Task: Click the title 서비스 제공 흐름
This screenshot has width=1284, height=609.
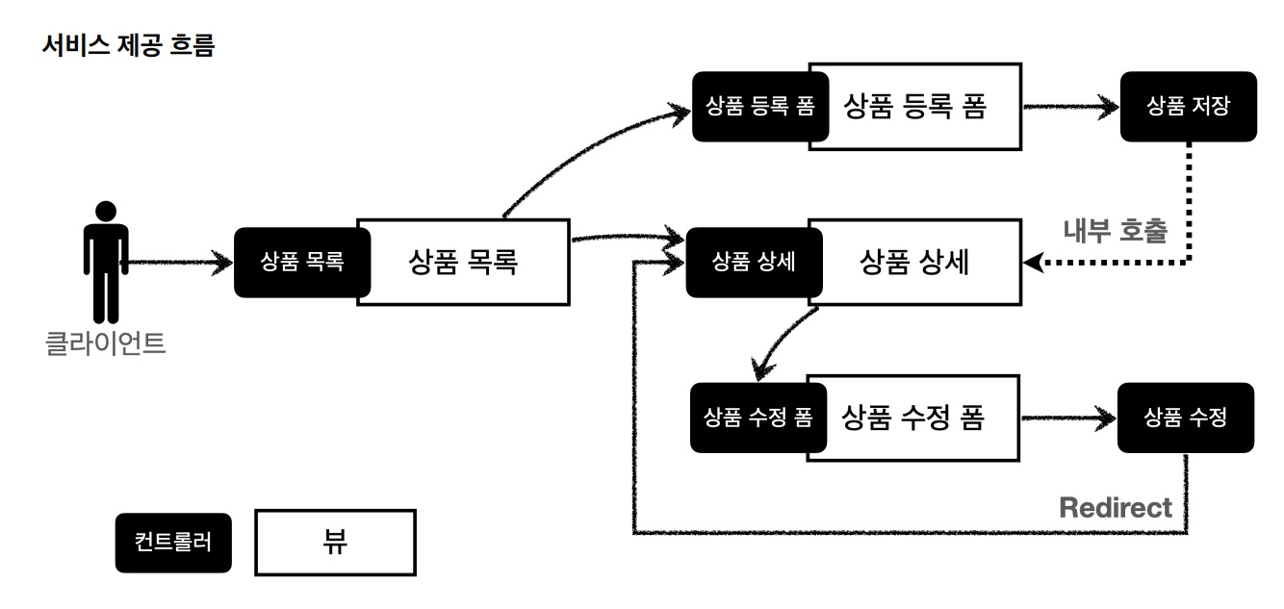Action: coord(128,46)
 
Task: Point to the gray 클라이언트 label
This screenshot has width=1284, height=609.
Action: coord(106,343)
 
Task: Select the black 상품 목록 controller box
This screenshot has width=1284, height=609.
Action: coord(300,263)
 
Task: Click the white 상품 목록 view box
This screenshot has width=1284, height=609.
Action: coord(462,262)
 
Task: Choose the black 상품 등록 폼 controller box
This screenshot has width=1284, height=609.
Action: coord(754,107)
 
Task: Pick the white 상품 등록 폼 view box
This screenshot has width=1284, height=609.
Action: coord(914,106)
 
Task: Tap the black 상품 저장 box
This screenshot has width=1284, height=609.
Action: coord(1187,107)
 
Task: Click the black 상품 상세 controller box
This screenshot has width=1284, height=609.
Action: coord(751,263)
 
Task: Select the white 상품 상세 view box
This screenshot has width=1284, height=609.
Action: coord(914,263)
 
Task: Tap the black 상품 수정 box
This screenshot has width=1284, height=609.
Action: coord(1186,419)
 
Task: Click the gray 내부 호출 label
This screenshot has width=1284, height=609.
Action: coord(1115,231)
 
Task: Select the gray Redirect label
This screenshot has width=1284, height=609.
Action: coord(1116,507)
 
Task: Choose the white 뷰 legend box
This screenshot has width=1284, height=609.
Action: coord(335,543)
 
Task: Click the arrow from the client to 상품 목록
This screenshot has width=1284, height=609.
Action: coord(179,262)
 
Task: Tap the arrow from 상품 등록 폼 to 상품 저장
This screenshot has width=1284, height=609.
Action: coord(1068,107)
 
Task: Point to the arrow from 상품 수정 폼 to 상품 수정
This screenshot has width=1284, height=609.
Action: coord(1068,419)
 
